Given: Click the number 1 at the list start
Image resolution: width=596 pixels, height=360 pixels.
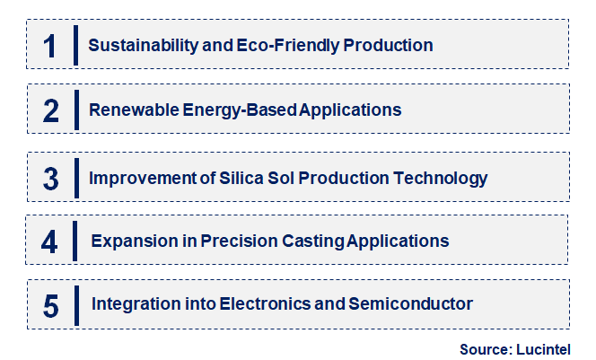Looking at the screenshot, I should [x=49, y=45].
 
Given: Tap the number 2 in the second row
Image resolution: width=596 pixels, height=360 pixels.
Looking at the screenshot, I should [x=50, y=110].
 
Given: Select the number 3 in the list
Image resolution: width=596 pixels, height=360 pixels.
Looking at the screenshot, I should [x=50, y=178].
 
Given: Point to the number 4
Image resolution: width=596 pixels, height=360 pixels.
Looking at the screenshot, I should [x=50, y=241].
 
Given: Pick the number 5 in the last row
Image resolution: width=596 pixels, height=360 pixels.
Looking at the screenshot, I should [x=50, y=305].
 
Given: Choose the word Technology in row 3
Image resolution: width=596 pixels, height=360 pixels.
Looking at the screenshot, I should [x=442, y=178].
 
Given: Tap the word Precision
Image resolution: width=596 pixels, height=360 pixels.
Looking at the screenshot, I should [x=228, y=241].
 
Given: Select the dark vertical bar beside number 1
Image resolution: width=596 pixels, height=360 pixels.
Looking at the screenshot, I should [x=75, y=45].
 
